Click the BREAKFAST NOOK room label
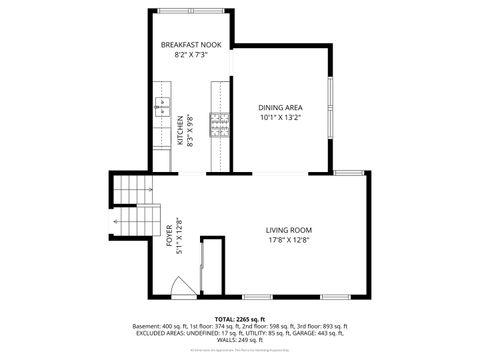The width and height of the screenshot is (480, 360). [x=191, y=45]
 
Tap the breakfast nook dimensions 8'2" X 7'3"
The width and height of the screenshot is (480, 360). [x=191, y=56]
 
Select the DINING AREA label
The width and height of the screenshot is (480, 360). [x=280, y=107]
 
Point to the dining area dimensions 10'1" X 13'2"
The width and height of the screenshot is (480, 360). [x=280, y=118]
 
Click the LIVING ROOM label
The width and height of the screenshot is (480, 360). [x=289, y=230]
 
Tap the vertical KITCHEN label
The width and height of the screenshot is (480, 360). [x=181, y=130]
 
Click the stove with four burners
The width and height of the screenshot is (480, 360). [x=219, y=124]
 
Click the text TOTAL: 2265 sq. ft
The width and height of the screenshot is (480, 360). [x=240, y=319]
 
